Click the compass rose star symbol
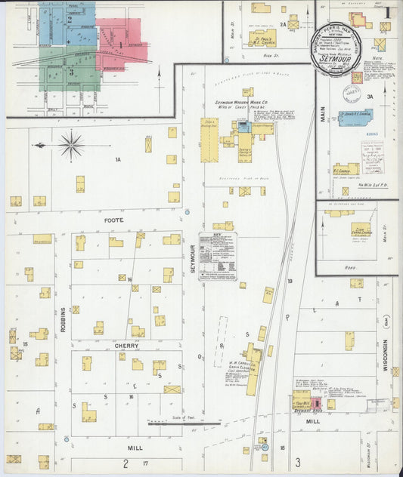[71, 144]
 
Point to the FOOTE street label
[113, 220]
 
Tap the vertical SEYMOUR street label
[193, 257]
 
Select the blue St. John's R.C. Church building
[355, 117]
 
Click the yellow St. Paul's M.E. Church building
[262, 38]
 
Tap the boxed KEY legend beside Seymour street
[218, 257]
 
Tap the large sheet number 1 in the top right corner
[387, 11]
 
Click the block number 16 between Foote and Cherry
[130, 279]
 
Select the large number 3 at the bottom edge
[298, 461]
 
